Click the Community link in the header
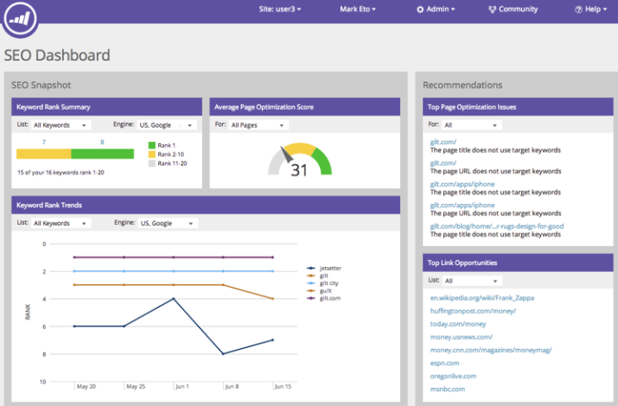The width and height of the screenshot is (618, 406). [x=513, y=10]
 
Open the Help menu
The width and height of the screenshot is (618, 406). [x=592, y=10]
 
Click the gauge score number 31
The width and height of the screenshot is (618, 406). [x=299, y=170]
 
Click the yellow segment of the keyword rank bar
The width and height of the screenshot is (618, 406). [x=43, y=154]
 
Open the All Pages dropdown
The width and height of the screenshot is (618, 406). [x=258, y=125]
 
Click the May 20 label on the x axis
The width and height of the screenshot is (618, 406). [x=86, y=387]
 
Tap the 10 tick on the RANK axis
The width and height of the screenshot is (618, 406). [x=42, y=381]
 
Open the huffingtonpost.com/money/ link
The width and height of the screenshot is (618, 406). [x=473, y=310]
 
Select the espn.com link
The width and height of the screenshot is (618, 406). [x=444, y=363]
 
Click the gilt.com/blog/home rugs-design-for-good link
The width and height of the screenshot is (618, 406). [x=497, y=226]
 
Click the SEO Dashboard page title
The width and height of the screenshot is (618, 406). [x=57, y=56]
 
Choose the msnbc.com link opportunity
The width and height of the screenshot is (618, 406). [x=447, y=389]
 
